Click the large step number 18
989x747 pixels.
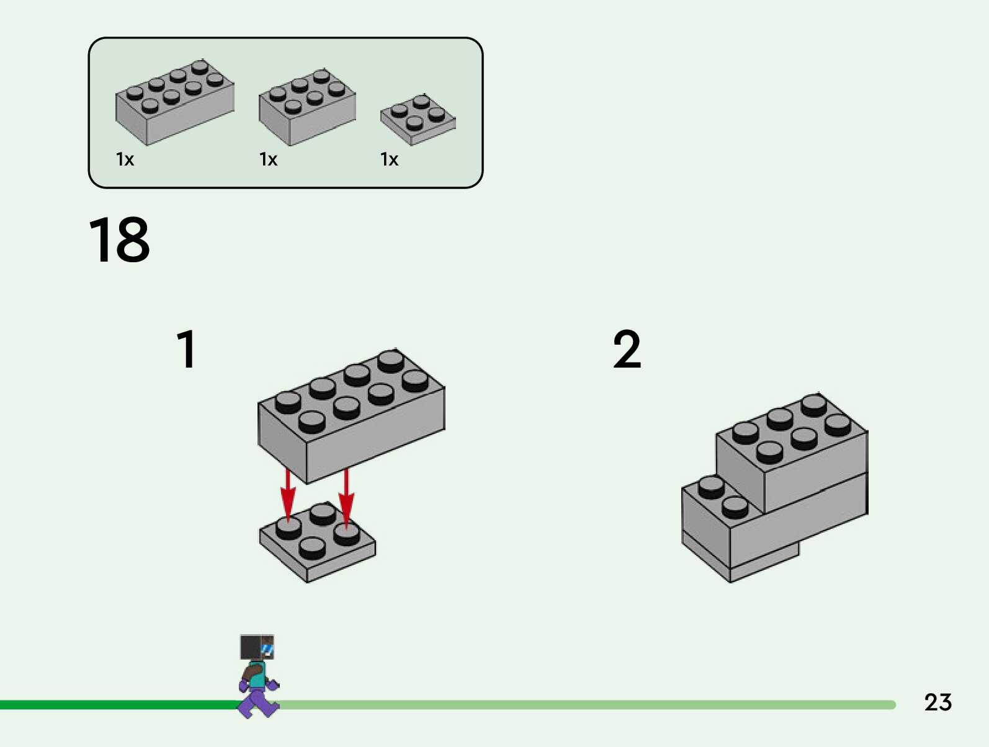tap(119, 240)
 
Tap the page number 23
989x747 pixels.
tap(938, 702)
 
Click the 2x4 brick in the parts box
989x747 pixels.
tap(174, 102)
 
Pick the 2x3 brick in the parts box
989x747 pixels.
tap(307, 107)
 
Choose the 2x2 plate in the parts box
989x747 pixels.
tap(418, 119)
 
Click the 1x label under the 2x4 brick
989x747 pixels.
tap(125, 159)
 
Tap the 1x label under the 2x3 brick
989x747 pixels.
tap(268, 159)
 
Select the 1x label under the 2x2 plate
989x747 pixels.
tap(389, 159)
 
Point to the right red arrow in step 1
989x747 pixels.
tap(346, 496)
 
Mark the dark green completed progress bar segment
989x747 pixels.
tap(118, 705)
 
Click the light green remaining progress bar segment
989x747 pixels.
tap(583, 705)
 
